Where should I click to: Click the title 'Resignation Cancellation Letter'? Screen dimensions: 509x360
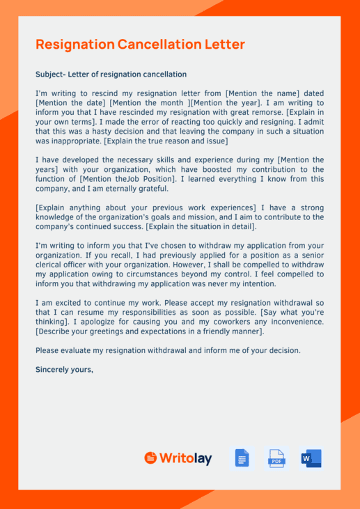click(x=140, y=45)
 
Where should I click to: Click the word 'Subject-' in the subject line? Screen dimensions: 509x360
click(x=51, y=75)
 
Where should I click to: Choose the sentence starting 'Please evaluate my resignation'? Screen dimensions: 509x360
click(x=168, y=350)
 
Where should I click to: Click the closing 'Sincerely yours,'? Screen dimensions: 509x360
click(x=64, y=370)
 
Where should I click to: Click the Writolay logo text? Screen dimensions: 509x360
click(x=185, y=458)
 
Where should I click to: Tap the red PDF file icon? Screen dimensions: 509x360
click(x=276, y=458)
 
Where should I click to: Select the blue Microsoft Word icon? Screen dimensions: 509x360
click(x=311, y=458)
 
